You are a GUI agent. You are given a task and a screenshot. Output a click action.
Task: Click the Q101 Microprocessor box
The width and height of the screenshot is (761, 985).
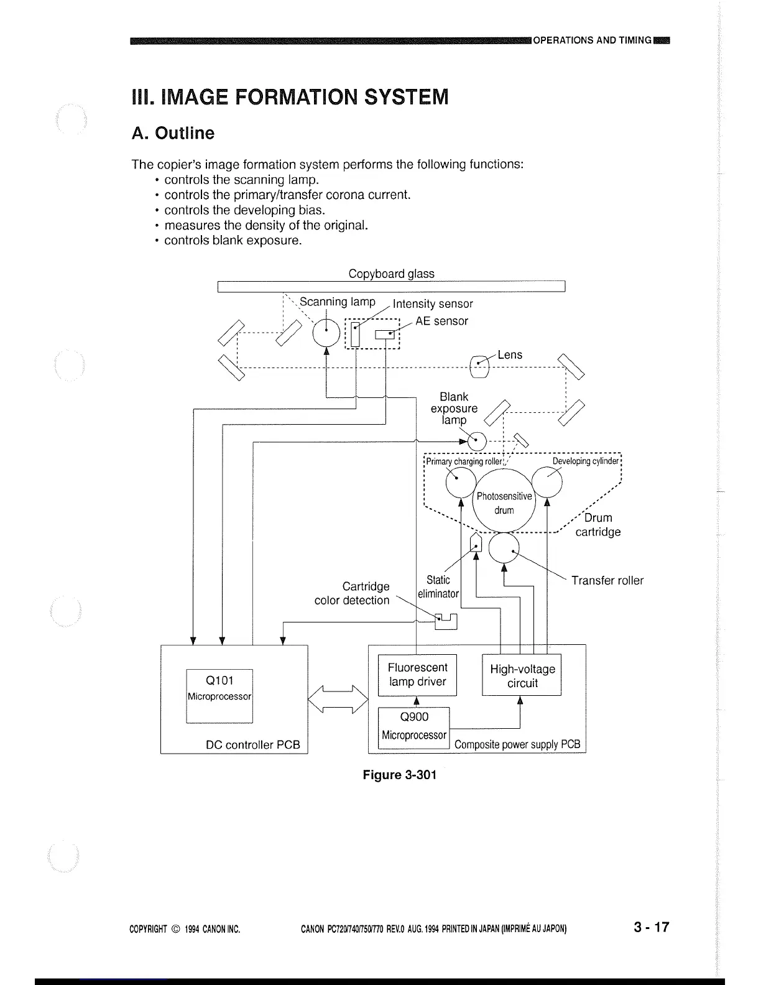click(219, 696)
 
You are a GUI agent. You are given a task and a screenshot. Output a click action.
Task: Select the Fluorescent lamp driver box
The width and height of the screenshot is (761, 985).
click(417, 675)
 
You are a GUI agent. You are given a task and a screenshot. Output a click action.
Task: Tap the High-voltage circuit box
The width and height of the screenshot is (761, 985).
click(522, 676)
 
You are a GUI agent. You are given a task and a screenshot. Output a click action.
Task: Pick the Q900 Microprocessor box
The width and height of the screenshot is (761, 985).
click(413, 726)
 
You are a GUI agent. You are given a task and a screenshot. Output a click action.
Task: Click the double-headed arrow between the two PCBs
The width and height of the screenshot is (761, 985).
click(338, 700)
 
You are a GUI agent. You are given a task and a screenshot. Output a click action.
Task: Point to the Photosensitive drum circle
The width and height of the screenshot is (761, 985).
click(504, 502)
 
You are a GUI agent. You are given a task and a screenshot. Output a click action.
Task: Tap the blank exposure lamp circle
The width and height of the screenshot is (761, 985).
click(477, 442)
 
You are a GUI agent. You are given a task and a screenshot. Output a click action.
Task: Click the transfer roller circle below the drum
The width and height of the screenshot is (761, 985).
click(504, 548)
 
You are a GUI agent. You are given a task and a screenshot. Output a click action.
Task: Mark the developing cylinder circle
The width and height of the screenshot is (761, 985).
click(547, 481)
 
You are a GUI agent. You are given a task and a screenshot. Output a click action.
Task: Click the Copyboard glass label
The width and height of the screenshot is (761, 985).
click(391, 274)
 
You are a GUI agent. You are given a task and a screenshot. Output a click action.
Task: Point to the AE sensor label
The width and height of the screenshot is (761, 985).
click(441, 321)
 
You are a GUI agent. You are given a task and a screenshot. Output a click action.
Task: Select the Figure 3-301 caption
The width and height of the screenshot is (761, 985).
click(399, 775)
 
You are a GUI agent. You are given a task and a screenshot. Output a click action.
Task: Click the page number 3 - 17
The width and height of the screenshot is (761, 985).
click(651, 927)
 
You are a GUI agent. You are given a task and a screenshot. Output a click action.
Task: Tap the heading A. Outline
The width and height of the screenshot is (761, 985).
click(173, 133)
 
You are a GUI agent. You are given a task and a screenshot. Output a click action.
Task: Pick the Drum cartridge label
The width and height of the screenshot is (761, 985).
click(597, 525)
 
